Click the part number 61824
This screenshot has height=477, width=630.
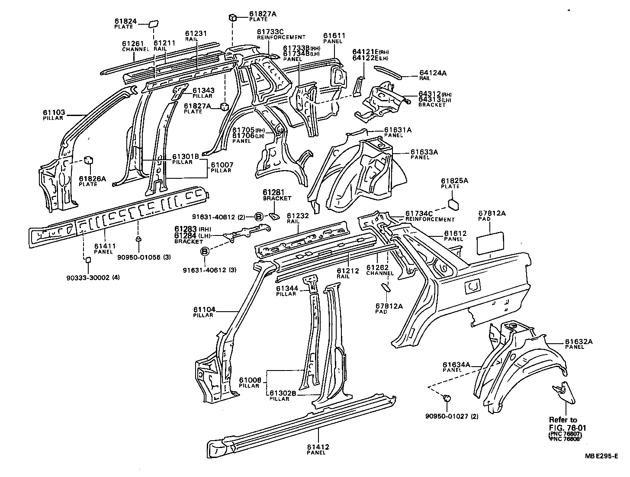[x=125, y=21]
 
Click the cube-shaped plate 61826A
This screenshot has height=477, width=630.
[x=89, y=160]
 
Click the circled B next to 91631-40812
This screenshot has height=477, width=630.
[x=259, y=216]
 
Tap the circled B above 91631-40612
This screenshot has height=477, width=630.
[x=205, y=251]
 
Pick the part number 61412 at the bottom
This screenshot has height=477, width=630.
[x=318, y=447]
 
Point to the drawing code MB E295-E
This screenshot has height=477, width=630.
[x=601, y=456]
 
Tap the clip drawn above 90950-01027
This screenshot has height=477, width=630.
[x=448, y=397]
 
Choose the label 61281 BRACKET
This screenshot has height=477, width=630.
[x=277, y=195]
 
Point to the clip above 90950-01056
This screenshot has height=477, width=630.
[x=138, y=239]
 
